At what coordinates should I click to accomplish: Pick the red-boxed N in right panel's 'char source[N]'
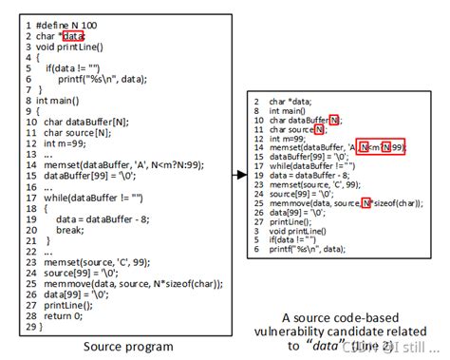point(319,130)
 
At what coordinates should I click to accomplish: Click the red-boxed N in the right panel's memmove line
point(366,204)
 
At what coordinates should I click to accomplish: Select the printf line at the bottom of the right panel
point(312,250)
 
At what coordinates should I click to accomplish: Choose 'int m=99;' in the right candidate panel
point(290,139)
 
